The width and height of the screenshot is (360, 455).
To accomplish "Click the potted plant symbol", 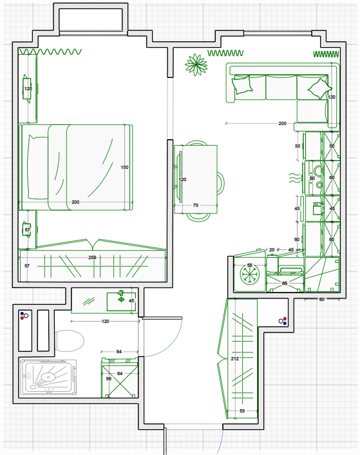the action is [x=196, y=64].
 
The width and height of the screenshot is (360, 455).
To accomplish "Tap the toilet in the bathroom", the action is [x=70, y=341].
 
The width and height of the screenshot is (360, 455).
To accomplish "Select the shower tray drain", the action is [x=48, y=376].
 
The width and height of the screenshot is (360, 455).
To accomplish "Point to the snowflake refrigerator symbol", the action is [x=250, y=275].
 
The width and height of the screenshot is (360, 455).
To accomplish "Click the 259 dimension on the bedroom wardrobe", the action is [x=92, y=257].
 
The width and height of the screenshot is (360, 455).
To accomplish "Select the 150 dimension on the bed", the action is [x=124, y=167].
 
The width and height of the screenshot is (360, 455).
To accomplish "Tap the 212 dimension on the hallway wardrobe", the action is [x=235, y=359].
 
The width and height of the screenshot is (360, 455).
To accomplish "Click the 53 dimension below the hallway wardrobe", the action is [x=242, y=411].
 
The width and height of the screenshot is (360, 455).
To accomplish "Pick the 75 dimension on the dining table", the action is [x=196, y=205].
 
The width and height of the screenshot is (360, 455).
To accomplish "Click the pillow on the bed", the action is [x=38, y=168].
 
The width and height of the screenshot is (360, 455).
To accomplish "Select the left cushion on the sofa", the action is [x=242, y=84].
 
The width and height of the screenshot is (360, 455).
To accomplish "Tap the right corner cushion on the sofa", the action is [x=319, y=88].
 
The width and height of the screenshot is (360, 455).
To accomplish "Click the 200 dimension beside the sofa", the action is [x=282, y=123].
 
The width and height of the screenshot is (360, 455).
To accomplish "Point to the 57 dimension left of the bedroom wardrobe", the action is [x=27, y=266].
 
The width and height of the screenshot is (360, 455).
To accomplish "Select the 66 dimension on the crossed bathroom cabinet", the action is [x=109, y=379].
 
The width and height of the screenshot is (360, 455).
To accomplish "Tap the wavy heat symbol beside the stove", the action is [x=295, y=178].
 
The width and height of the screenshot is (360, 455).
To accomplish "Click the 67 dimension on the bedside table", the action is [x=27, y=230].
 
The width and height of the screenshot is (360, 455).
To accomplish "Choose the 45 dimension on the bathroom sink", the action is [x=131, y=300].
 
